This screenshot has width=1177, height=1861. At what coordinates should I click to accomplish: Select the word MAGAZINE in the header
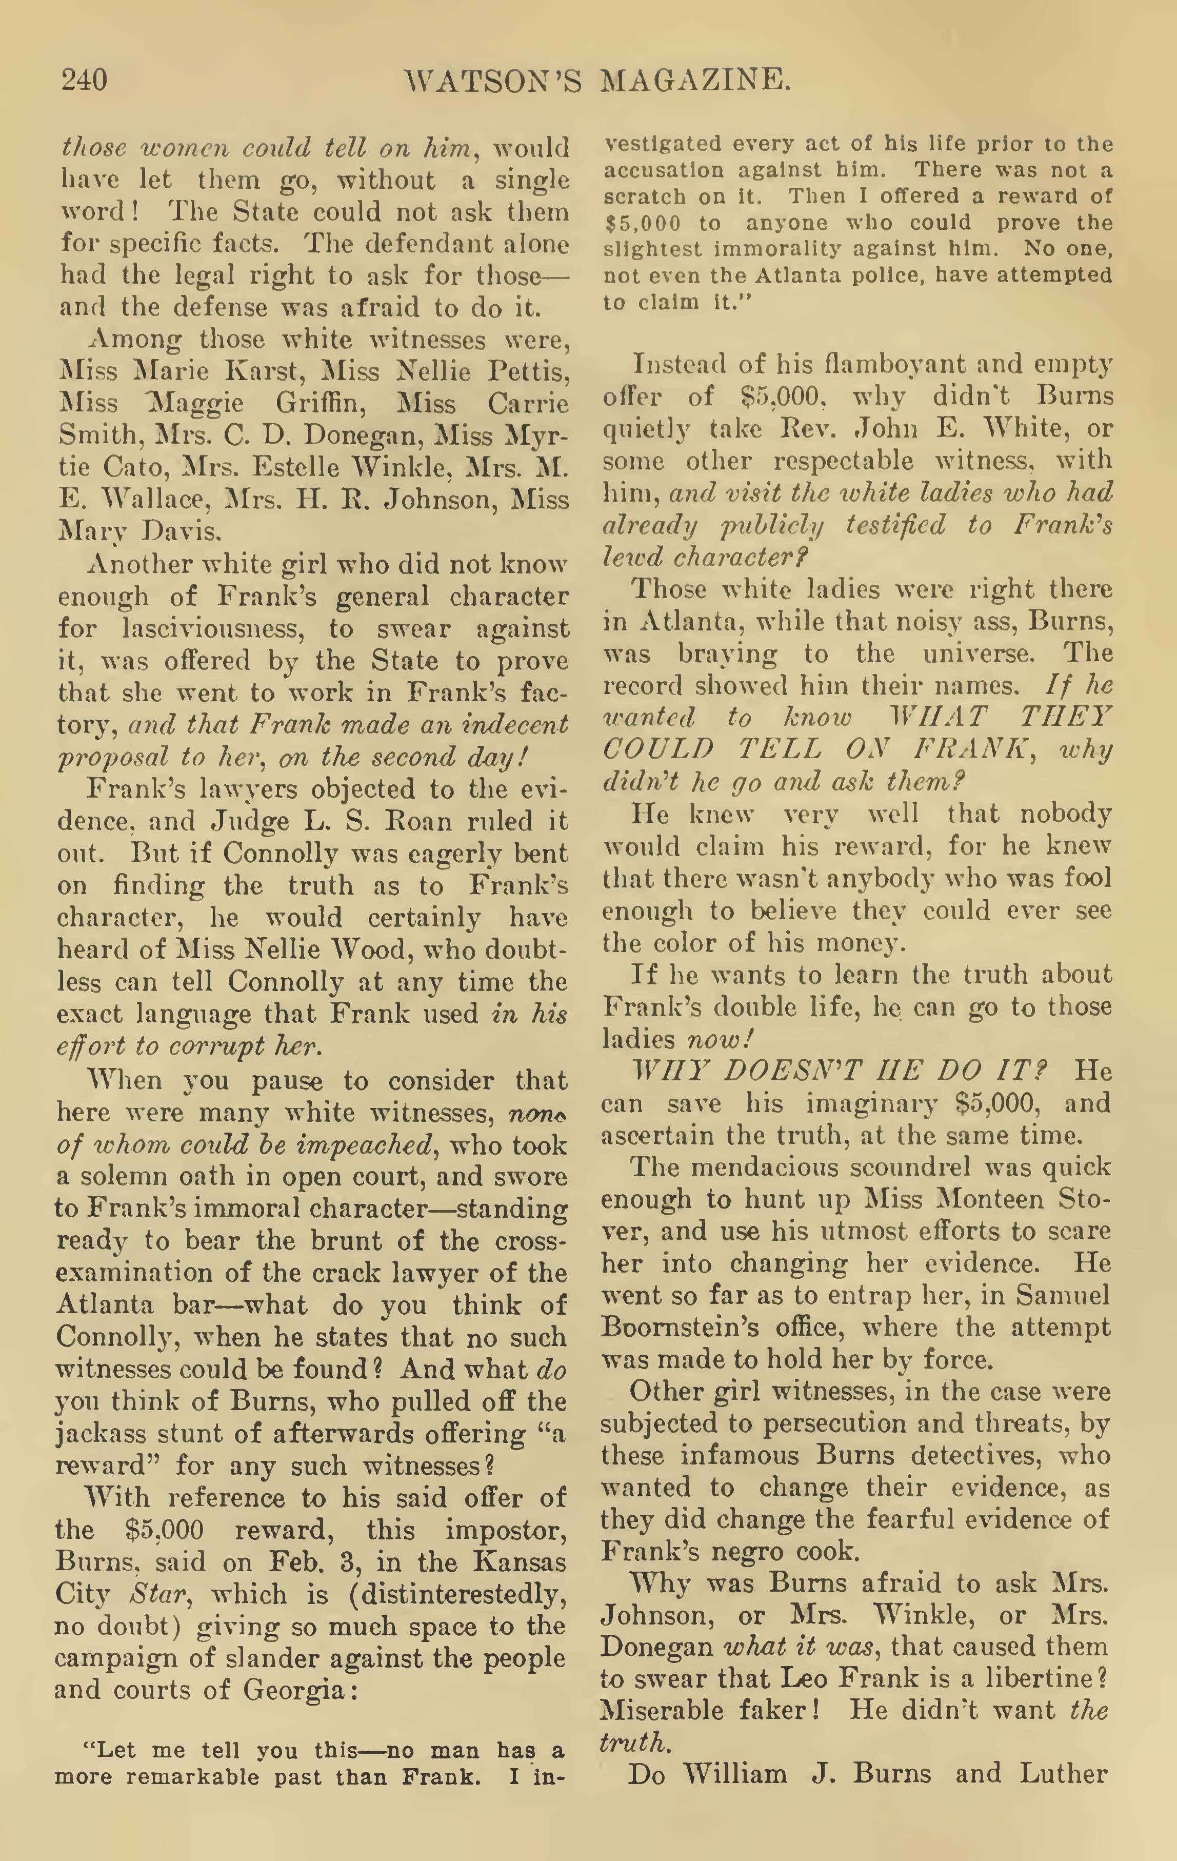[x=695, y=81]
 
